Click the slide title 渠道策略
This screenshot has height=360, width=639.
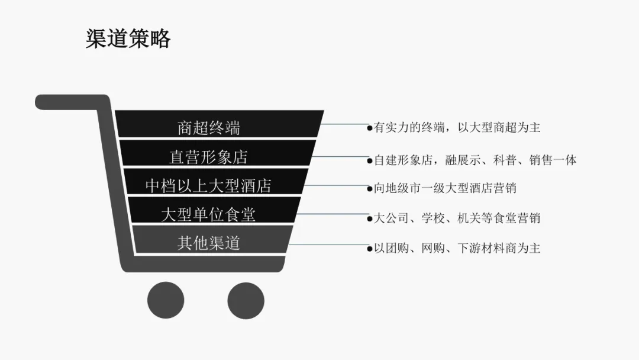[128, 38]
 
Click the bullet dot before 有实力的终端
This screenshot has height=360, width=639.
[370, 128]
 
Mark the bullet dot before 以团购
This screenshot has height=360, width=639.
[370, 249]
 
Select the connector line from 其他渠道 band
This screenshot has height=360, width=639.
[328, 245]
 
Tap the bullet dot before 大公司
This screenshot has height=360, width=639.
[370, 218]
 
